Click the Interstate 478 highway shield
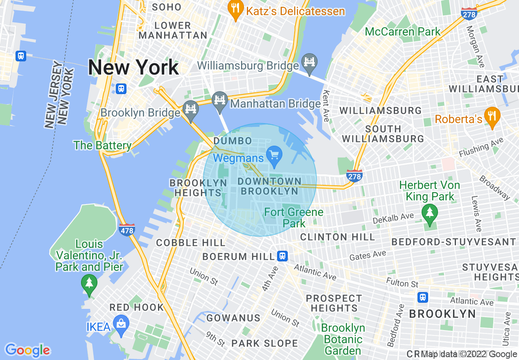127,229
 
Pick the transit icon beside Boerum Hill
282,256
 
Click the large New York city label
133,67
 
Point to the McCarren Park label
403,32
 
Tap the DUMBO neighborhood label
232,141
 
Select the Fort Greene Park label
294,218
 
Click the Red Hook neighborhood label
137,307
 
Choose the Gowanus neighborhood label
233,318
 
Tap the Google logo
27,350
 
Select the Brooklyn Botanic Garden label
343,339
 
